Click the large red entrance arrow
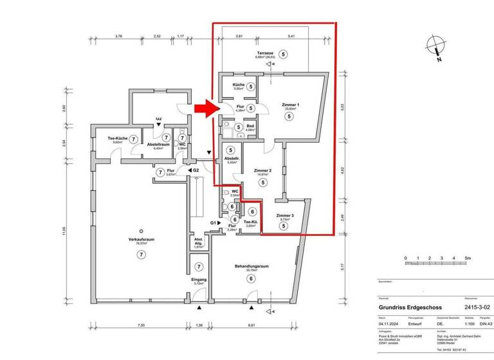[x=206, y=109]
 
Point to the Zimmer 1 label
[x=290, y=105]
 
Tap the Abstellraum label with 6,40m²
[x=158, y=145]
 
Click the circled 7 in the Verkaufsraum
[x=141, y=255]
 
